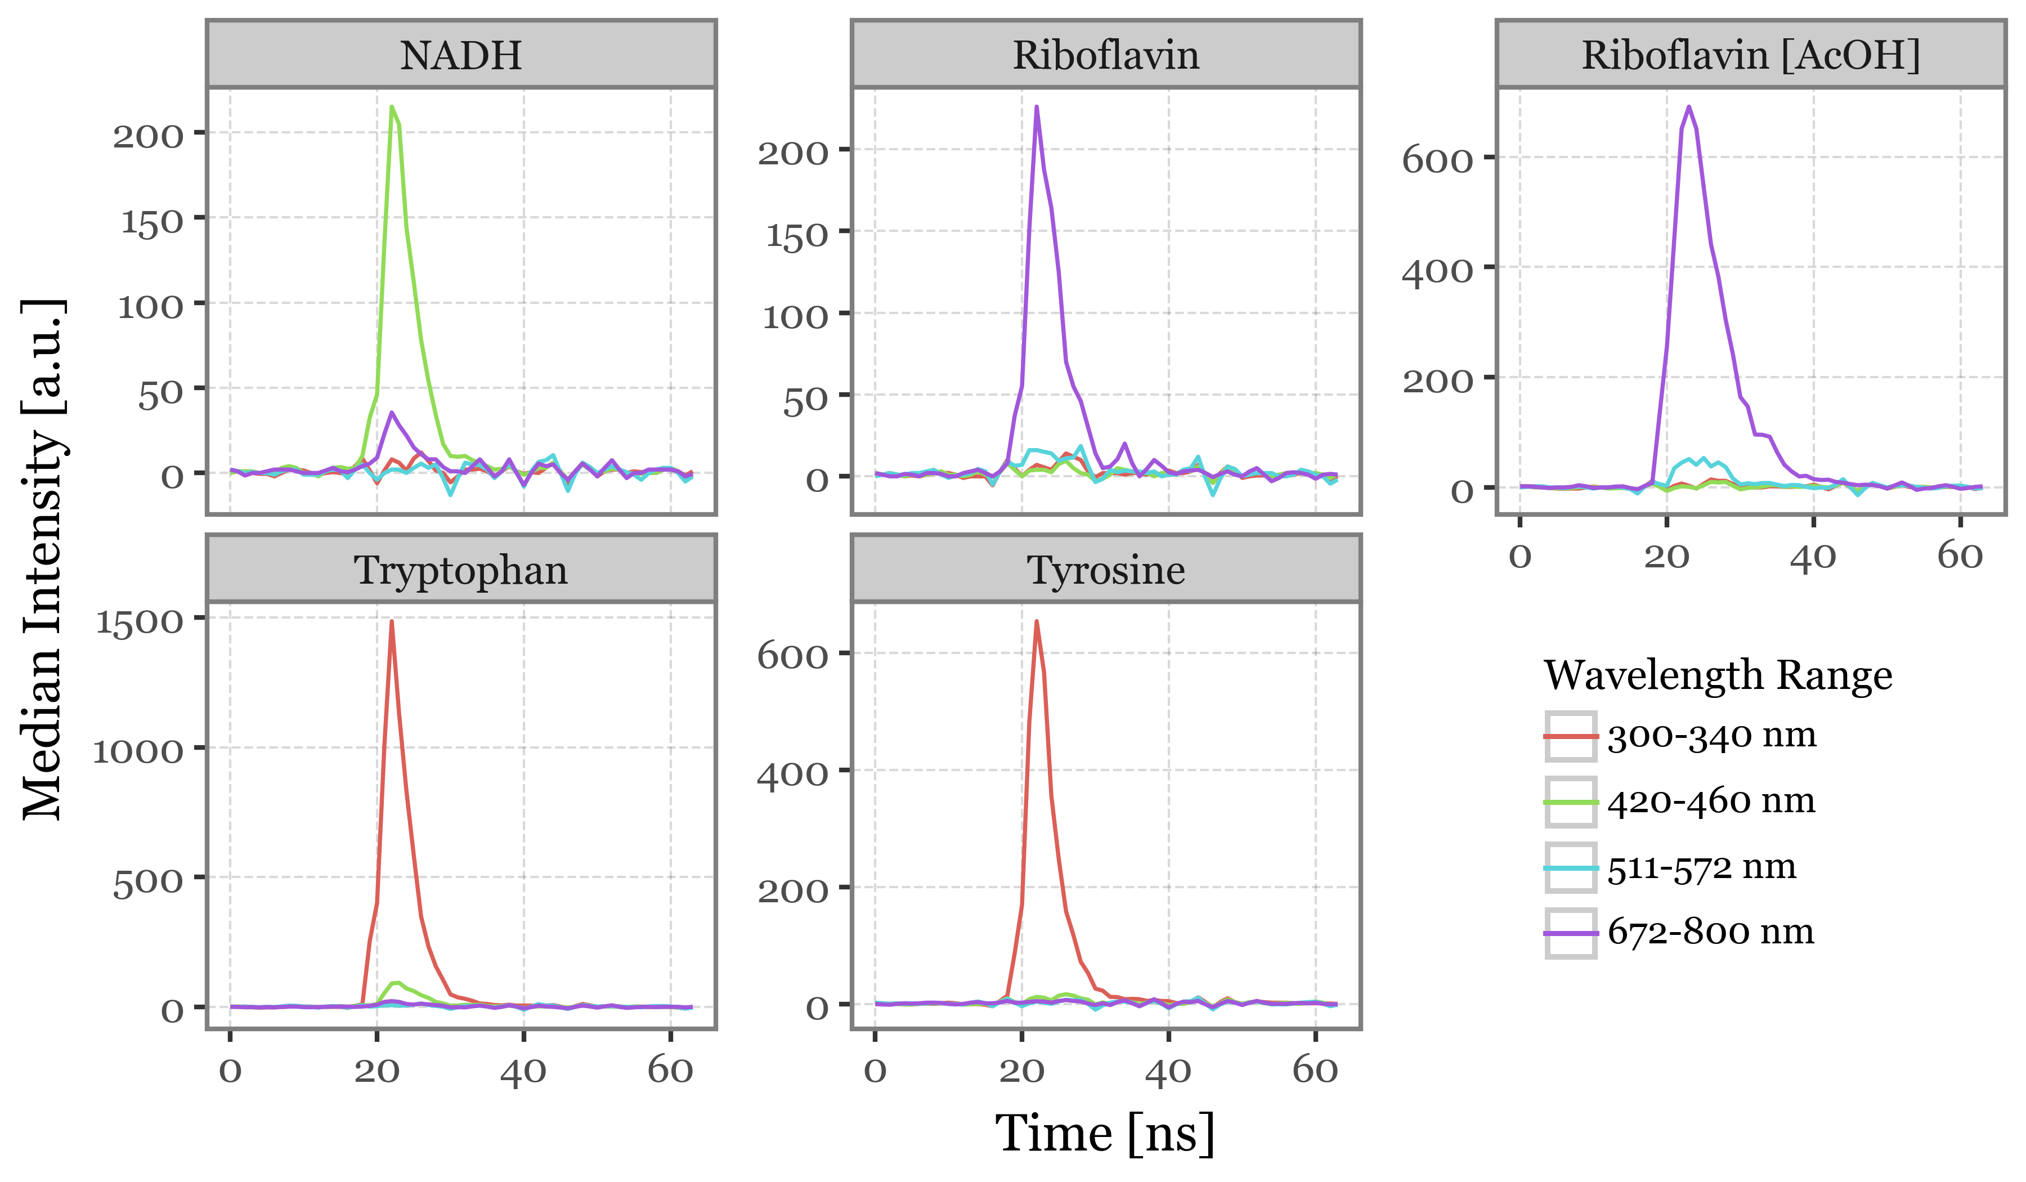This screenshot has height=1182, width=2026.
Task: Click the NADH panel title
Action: click(461, 56)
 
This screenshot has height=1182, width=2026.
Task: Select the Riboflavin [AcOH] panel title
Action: click(1750, 56)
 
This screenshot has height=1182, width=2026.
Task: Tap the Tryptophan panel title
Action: click(461, 570)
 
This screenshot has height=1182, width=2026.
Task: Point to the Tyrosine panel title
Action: click(1105, 570)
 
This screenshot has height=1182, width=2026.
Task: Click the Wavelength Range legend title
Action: click(1717, 675)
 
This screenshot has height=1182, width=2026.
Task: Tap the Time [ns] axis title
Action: click(1105, 1134)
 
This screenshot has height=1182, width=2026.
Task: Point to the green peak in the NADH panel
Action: click(392, 107)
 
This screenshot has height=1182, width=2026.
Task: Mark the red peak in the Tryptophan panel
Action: click(392, 621)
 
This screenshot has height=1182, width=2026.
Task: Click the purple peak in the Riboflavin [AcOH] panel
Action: click(1688, 106)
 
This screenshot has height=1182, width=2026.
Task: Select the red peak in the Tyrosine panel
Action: click(1036, 621)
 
